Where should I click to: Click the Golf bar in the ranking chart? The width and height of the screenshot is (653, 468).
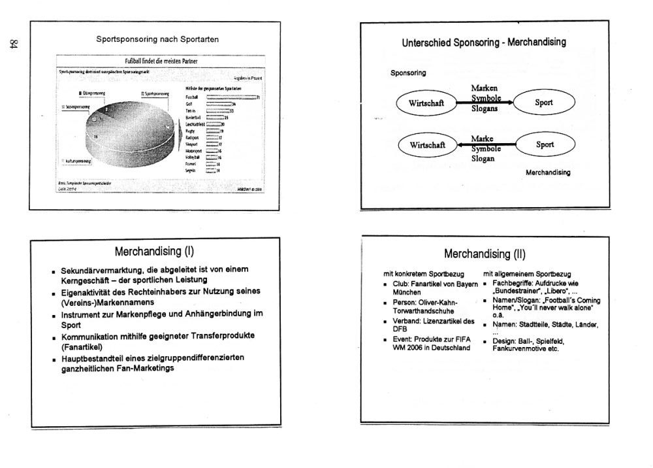click(219, 103)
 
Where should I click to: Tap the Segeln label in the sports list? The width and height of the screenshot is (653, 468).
click(192, 170)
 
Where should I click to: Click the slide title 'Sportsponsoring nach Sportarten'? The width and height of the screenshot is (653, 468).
click(157, 39)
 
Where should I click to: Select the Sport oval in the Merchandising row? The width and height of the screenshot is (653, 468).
click(545, 144)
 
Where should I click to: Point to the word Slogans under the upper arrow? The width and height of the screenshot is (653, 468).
click(485, 109)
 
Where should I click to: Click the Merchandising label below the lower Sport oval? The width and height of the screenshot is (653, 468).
click(548, 173)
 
